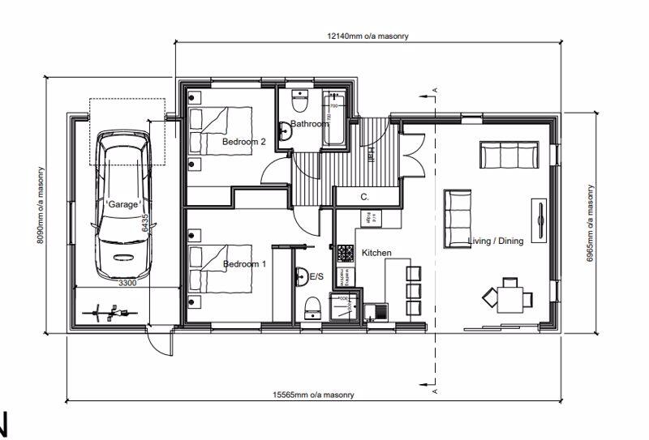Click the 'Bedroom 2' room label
pyautogui.click(x=244, y=142)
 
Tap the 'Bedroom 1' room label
pyautogui.click(x=244, y=264)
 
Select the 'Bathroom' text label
pyautogui.click(x=310, y=124)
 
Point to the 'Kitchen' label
pyautogui.click(x=376, y=254)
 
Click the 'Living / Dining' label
pyautogui.click(x=496, y=241)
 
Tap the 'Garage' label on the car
pyautogui.click(x=123, y=204)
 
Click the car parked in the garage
pyautogui.click(x=122, y=207)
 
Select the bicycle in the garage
pyautogui.click(x=109, y=311)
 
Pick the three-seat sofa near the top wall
pyautogui.click(x=509, y=155)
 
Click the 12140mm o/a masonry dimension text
pyautogui.click(x=367, y=36)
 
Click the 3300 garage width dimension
pyautogui.click(x=127, y=284)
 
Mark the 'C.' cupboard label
pyautogui.click(x=365, y=197)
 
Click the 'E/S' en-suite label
pyautogui.click(x=317, y=277)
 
